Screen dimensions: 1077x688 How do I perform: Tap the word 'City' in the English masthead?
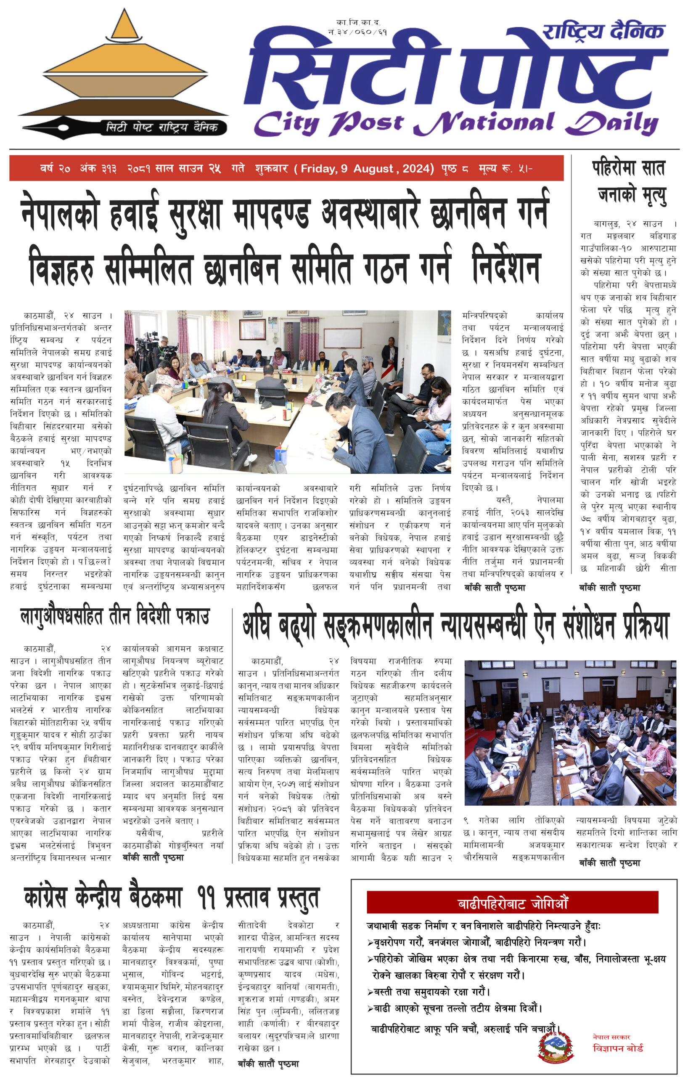pos(286,123)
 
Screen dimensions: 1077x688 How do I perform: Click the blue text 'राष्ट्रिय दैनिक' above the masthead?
pos(603,31)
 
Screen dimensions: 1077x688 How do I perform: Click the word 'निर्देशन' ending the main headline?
pos(506,265)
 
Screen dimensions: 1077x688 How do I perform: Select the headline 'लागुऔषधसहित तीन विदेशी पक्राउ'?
pos(115,617)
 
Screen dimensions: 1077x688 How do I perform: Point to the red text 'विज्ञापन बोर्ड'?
pos(617,1048)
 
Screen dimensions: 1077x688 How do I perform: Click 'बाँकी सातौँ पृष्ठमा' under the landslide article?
pos(609,588)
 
